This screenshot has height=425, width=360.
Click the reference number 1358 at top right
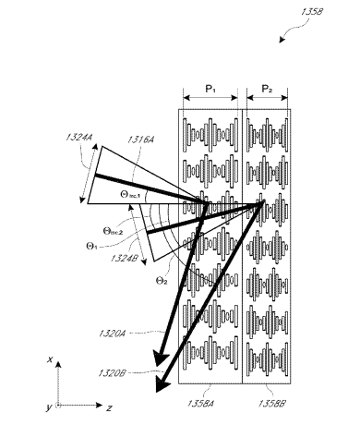(x=311, y=12)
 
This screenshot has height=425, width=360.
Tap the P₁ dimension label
(x=210, y=89)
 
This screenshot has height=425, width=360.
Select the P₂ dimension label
(x=267, y=89)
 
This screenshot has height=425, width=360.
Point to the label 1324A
(x=78, y=137)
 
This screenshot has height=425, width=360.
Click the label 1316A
(x=140, y=140)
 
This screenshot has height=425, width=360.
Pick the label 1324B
(x=125, y=258)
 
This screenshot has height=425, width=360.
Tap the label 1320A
(x=113, y=334)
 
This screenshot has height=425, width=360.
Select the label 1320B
(x=112, y=373)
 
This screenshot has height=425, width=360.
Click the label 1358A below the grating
(x=200, y=403)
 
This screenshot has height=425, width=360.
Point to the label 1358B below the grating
(x=271, y=403)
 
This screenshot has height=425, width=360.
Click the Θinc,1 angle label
(x=130, y=195)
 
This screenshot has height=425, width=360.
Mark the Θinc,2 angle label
(x=113, y=231)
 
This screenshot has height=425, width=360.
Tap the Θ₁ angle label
(x=92, y=247)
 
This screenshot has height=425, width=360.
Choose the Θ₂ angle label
(x=162, y=281)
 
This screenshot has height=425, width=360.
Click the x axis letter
(x=50, y=359)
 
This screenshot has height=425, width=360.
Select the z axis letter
(x=109, y=408)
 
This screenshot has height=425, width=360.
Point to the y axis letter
(x=49, y=407)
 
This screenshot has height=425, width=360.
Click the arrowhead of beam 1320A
(x=161, y=359)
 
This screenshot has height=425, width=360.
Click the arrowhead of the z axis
(x=99, y=406)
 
